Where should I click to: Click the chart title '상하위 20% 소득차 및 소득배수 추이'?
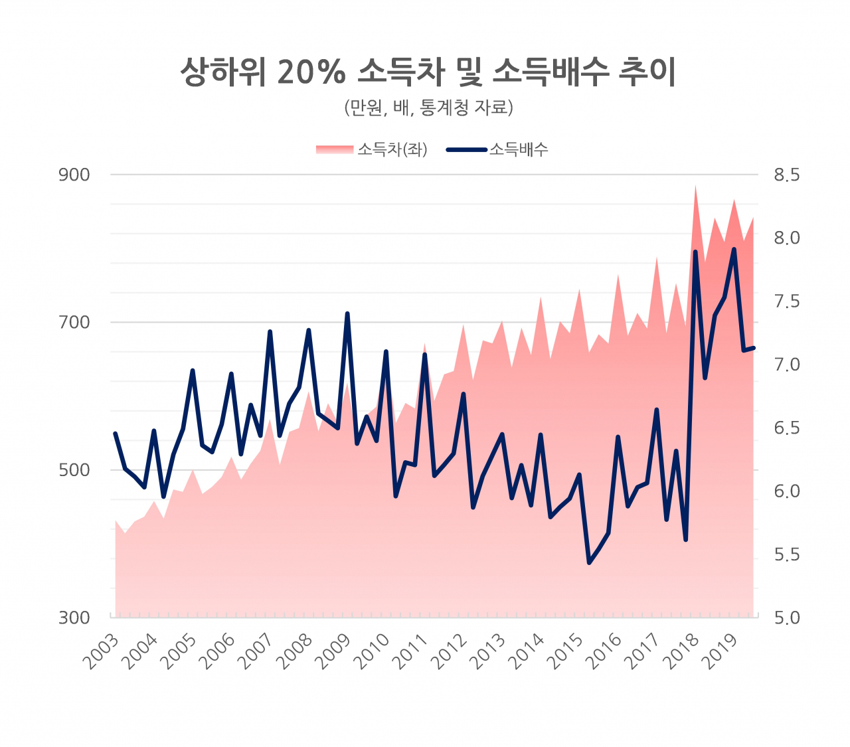[x=428, y=72]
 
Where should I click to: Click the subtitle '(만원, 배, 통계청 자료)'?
[x=428, y=108]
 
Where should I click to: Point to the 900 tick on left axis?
[x=74, y=175]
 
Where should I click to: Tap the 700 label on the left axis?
[x=74, y=322]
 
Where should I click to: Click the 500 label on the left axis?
[x=74, y=470]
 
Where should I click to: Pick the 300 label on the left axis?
[x=74, y=618]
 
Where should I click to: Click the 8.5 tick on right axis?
[x=786, y=175]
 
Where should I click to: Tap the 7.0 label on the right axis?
[x=786, y=365]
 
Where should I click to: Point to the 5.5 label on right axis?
[x=786, y=554]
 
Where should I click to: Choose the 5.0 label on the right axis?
[x=786, y=618]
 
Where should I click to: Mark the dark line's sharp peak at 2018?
[x=695, y=252]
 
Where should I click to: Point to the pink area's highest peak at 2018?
[x=695, y=186]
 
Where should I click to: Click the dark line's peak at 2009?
[x=347, y=313]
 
